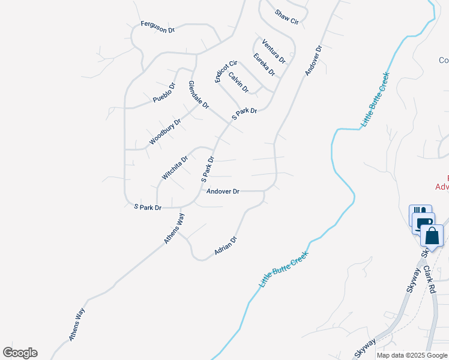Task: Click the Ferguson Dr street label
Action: click(157, 26)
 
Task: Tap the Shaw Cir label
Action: click(286, 17)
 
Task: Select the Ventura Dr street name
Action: click(273, 51)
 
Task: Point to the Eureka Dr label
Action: click(264, 65)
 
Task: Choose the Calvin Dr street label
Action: click(238, 82)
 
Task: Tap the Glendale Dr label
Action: click(199, 95)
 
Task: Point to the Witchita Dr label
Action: click(175, 167)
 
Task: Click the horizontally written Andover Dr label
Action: click(223, 191)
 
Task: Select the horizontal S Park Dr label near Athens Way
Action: click(148, 208)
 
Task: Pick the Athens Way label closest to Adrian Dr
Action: click(175, 229)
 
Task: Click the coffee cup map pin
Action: click(425, 223)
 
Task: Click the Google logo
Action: click(20, 353)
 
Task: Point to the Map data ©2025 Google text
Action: click(412, 355)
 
